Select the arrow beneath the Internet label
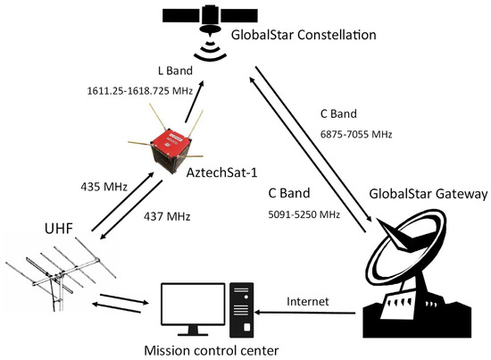(x=307, y=314)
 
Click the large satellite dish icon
(x=420, y=277)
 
